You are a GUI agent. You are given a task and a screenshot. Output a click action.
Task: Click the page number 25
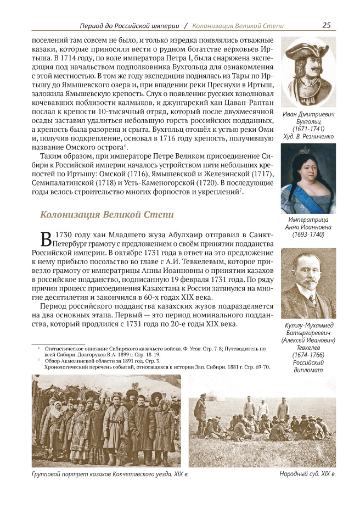(326, 25)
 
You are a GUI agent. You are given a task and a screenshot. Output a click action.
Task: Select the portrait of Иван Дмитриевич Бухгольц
(308, 72)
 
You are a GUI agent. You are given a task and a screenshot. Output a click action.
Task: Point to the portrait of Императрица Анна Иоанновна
(308, 179)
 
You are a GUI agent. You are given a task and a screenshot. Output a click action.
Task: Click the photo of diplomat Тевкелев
(308, 283)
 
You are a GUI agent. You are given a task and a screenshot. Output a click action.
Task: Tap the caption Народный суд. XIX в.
(307, 473)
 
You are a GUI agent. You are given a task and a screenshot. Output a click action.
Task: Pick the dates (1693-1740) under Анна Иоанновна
(308, 235)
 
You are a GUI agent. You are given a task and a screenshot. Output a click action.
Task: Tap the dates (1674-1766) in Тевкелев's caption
(308, 354)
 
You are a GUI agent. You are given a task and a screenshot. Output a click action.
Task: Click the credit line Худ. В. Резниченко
(308, 135)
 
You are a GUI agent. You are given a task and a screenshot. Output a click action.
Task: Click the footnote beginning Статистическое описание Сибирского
(148, 348)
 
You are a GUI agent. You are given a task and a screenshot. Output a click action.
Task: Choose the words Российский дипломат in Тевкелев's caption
(308, 366)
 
